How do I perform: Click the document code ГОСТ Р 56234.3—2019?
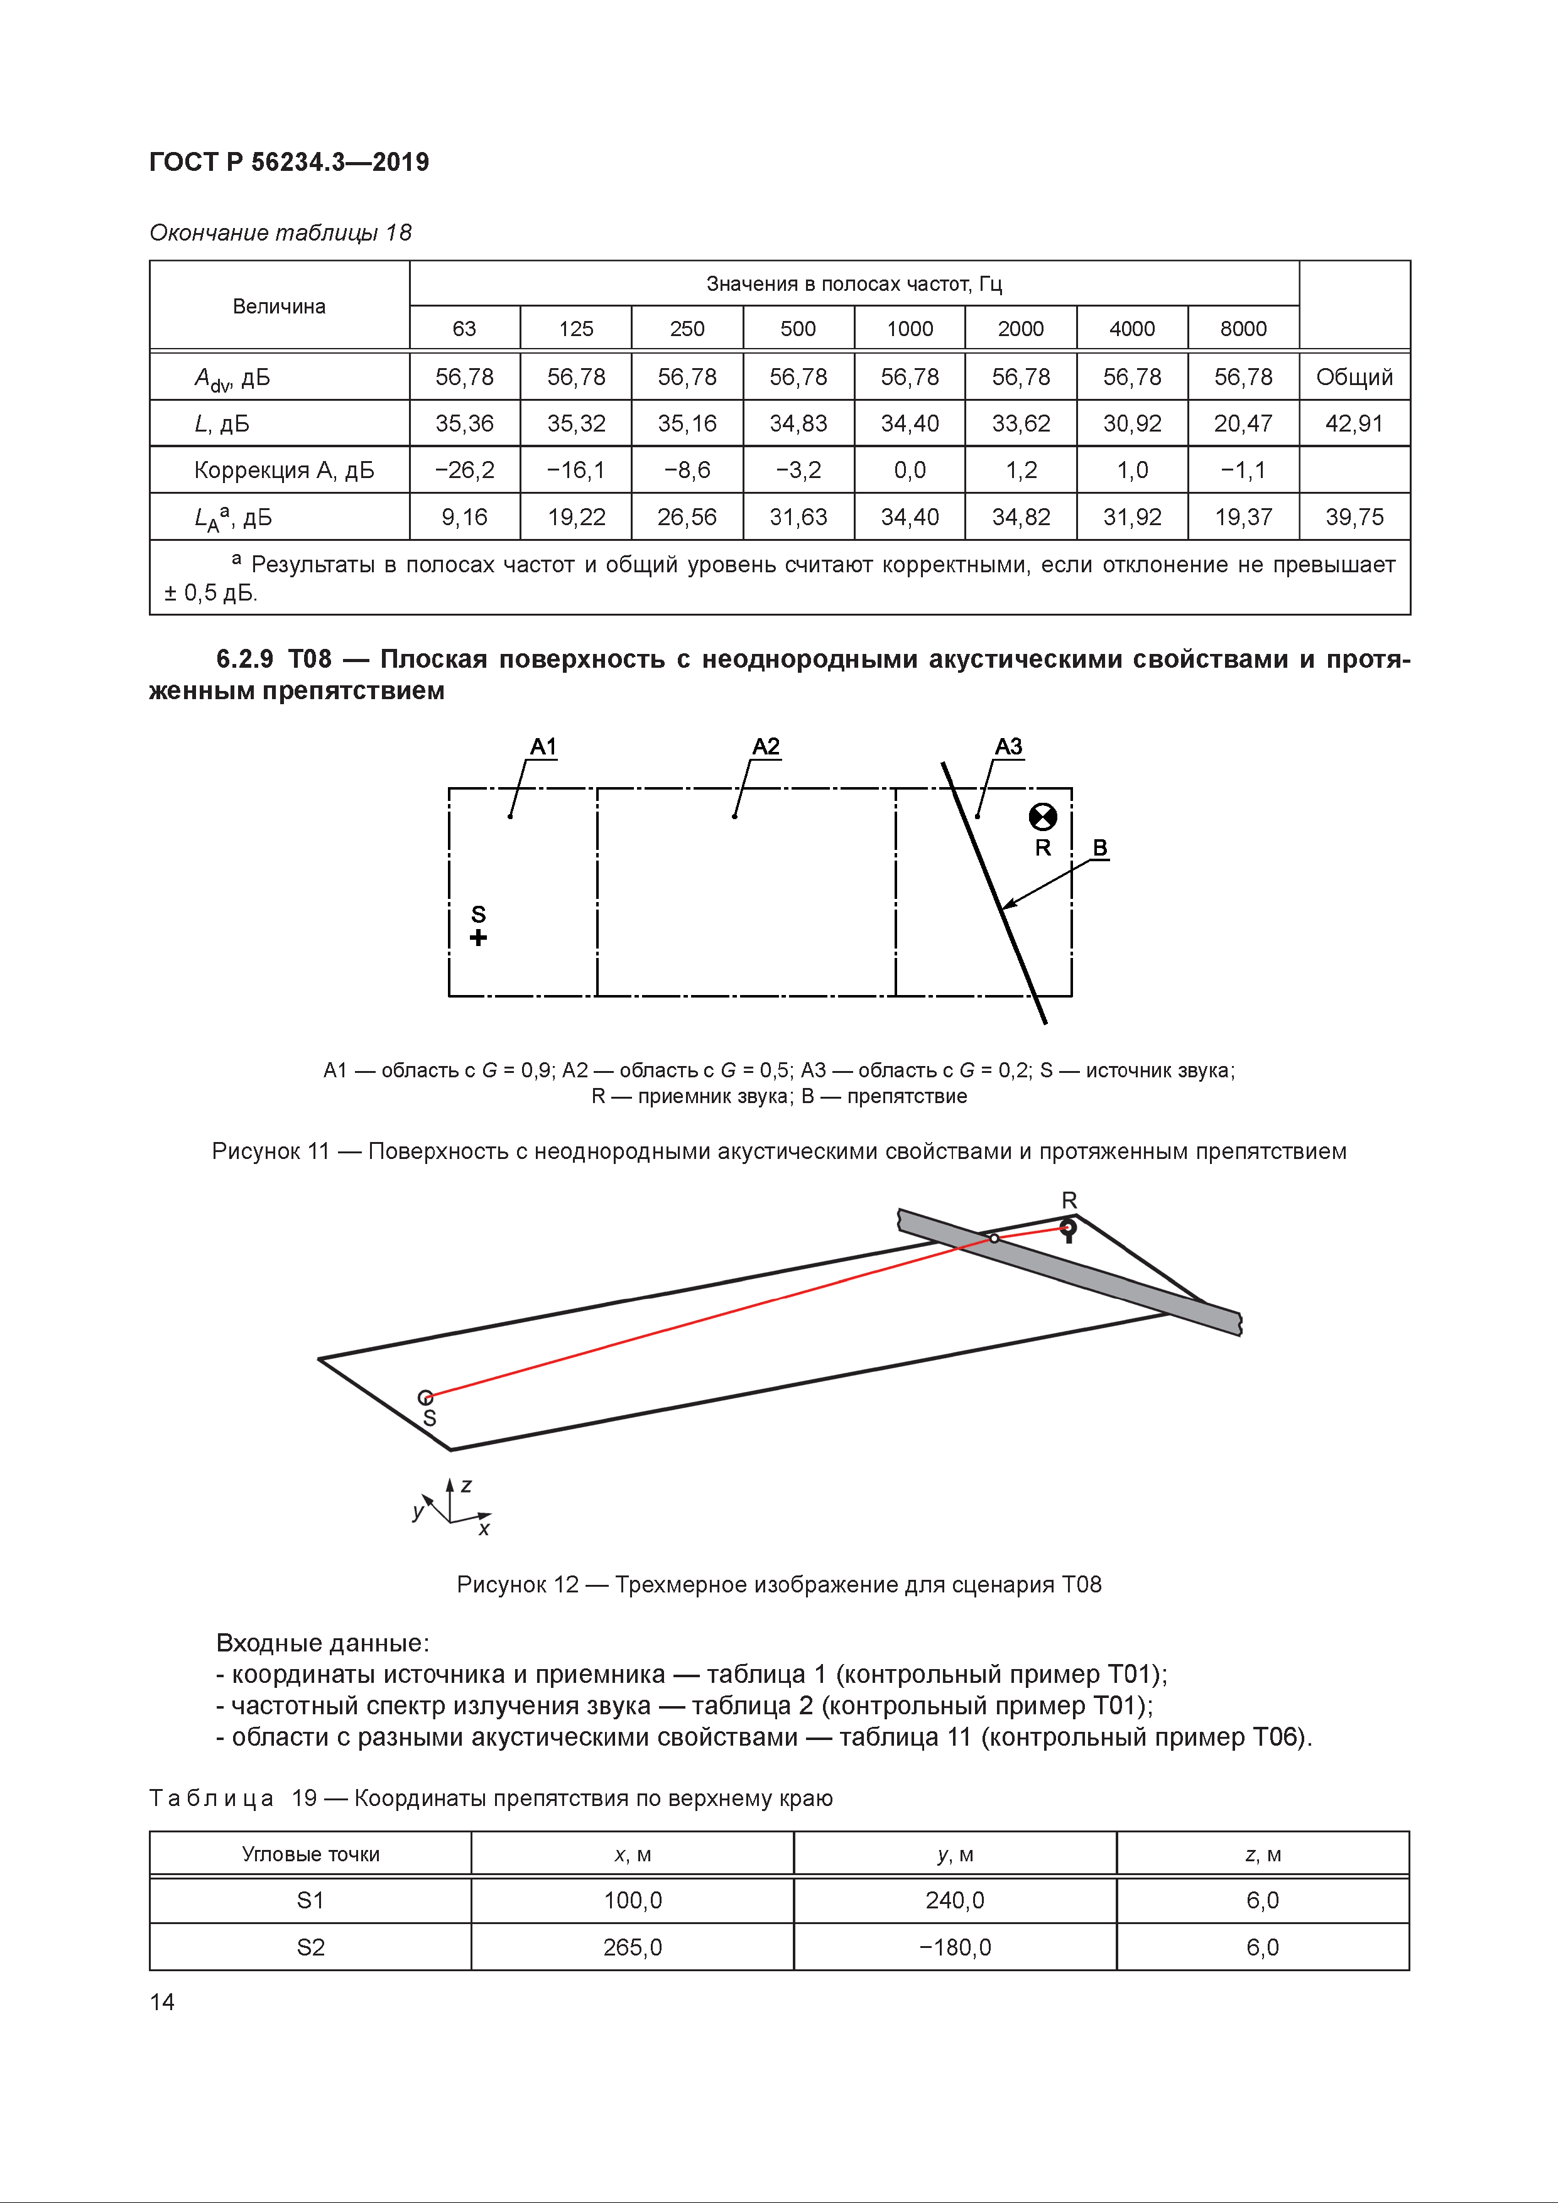pyautogui.click(x=289, y=161)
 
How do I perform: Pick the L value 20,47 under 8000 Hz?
pyautogui.click(x=1243, y=423)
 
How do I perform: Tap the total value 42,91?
pyautogui.click(x=1354, y=423)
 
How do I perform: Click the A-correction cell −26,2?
pyautogui.click(x=464, y=470)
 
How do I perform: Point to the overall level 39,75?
pyautogui.click(x=1354, y=517)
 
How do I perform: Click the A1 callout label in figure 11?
pyautogui.click(x=543, y=746)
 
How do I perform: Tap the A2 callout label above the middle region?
pyautogui.click(x=766, y=746)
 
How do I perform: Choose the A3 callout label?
pyautogui.click(x=1008, y=746)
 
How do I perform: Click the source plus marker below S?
pyautogui.click(x=477, y=937)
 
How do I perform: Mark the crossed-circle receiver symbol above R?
pyautogui.click(x=1043, y=817)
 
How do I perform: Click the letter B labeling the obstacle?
pyautogui.click(x=1101, y=848)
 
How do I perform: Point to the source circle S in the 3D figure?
pyautogui.click(x=426, y=1398)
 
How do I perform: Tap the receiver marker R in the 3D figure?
pyautogui.click(x=1068, y=1227)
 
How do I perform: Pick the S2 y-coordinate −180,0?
pyautogui.click(x=954, y=1947)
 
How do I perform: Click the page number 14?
pyautogui.click(x=162, y=2001)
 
